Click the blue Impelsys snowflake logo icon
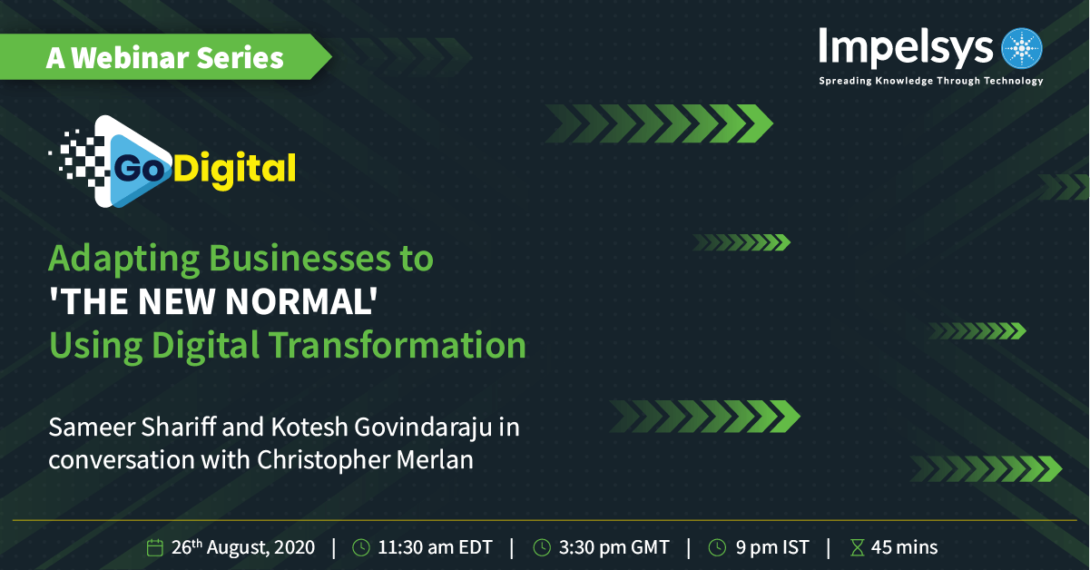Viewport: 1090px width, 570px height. click(1021, 48)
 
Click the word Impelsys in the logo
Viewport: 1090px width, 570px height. click(906, 48)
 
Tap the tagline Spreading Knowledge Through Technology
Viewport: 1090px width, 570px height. click(931, 81)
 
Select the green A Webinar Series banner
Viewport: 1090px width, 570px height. click(165, 57)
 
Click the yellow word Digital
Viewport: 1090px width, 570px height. click(234, 170)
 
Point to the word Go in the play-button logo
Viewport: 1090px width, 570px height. click(139, 169)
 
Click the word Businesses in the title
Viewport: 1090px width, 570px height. click(300, 258)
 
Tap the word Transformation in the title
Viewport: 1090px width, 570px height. click(398, 345)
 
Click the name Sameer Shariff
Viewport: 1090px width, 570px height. click(132, 427)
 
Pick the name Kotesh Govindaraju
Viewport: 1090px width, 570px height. click(381, 427)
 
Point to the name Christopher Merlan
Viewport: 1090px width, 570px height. click(365, 460)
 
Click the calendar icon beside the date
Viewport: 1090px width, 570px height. click(154, 547)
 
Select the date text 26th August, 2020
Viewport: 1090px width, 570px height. click(243, 547)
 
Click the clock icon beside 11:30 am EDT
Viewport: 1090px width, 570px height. click(361, 547)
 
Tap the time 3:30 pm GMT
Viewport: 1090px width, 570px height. click(614, 547)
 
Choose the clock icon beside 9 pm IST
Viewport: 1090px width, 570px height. click(717, 547)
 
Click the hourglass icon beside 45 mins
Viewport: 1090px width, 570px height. click(858, 547)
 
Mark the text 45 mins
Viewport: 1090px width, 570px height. click(904, 547)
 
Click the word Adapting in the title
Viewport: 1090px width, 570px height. click(124, 260)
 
